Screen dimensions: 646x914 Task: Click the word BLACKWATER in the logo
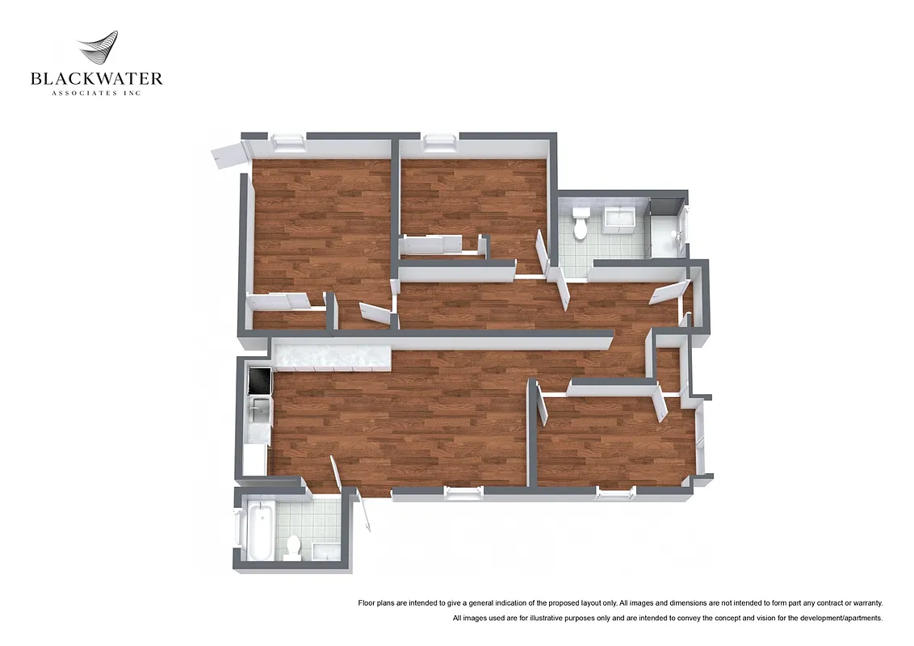[96, 78]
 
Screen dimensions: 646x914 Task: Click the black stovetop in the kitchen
[261, 380]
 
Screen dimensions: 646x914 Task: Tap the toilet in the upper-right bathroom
[580, 224]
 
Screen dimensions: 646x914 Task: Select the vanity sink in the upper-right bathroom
[618, 218]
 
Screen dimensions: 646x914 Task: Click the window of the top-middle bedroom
[439, 142]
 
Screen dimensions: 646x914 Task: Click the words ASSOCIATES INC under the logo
[96, 93]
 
